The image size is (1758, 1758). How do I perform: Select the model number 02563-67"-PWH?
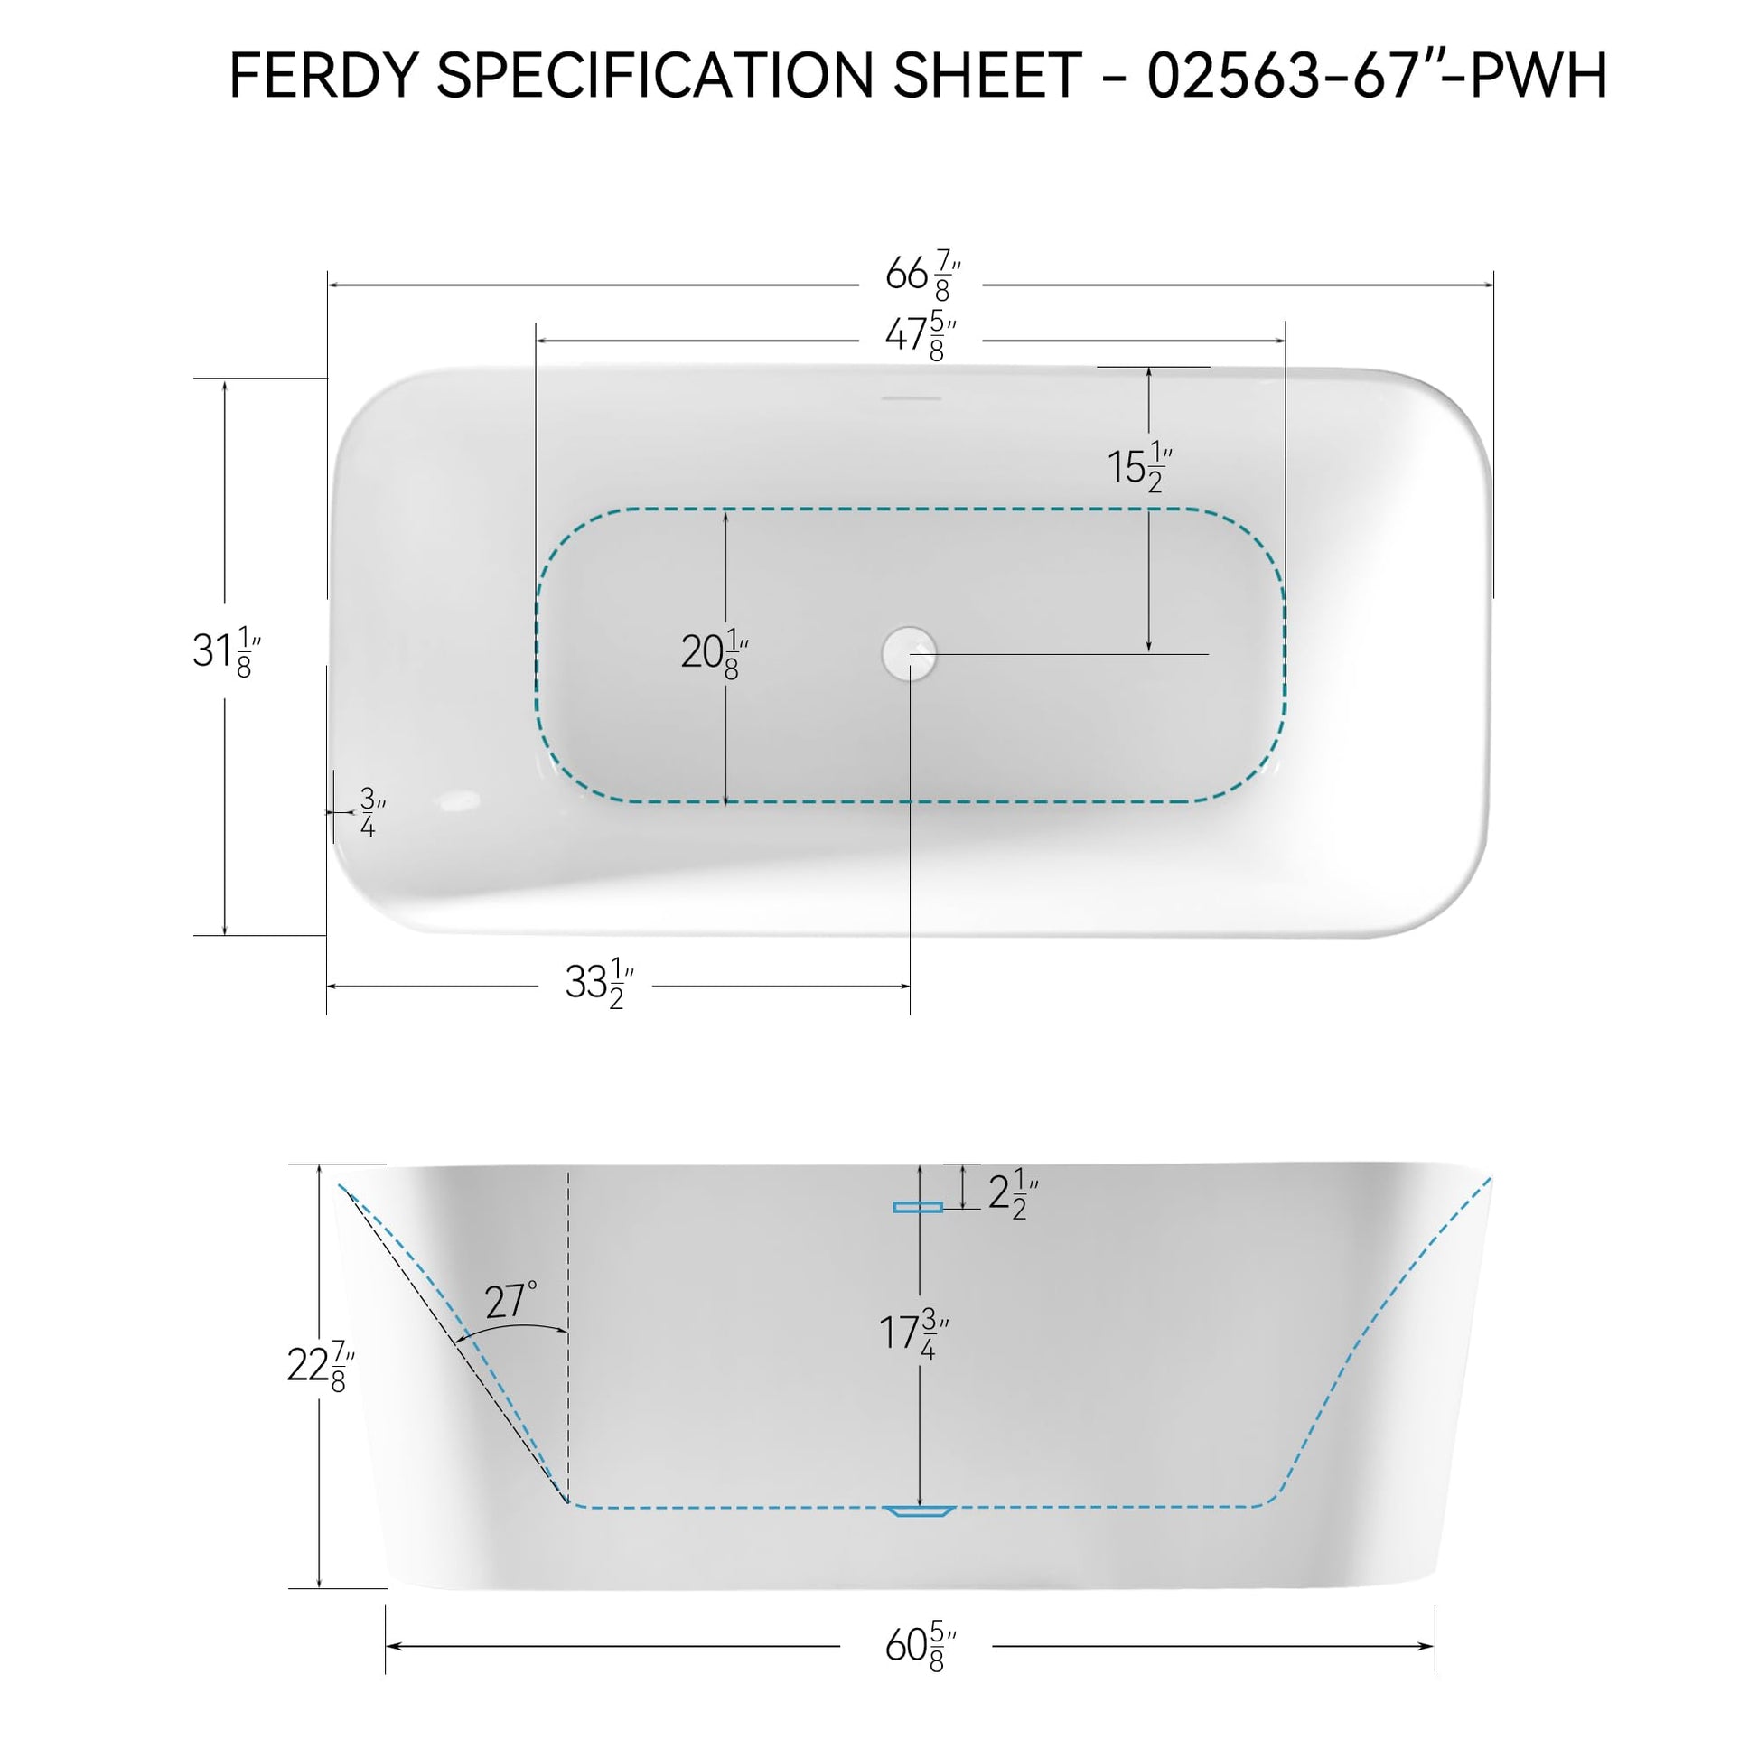pyautogui.click(x=1376, y=75)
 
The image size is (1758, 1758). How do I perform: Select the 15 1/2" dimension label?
pyautogui.click(x=1139, y=468)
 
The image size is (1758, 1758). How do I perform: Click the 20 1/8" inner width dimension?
pyautogui.click(x=715, y=653)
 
